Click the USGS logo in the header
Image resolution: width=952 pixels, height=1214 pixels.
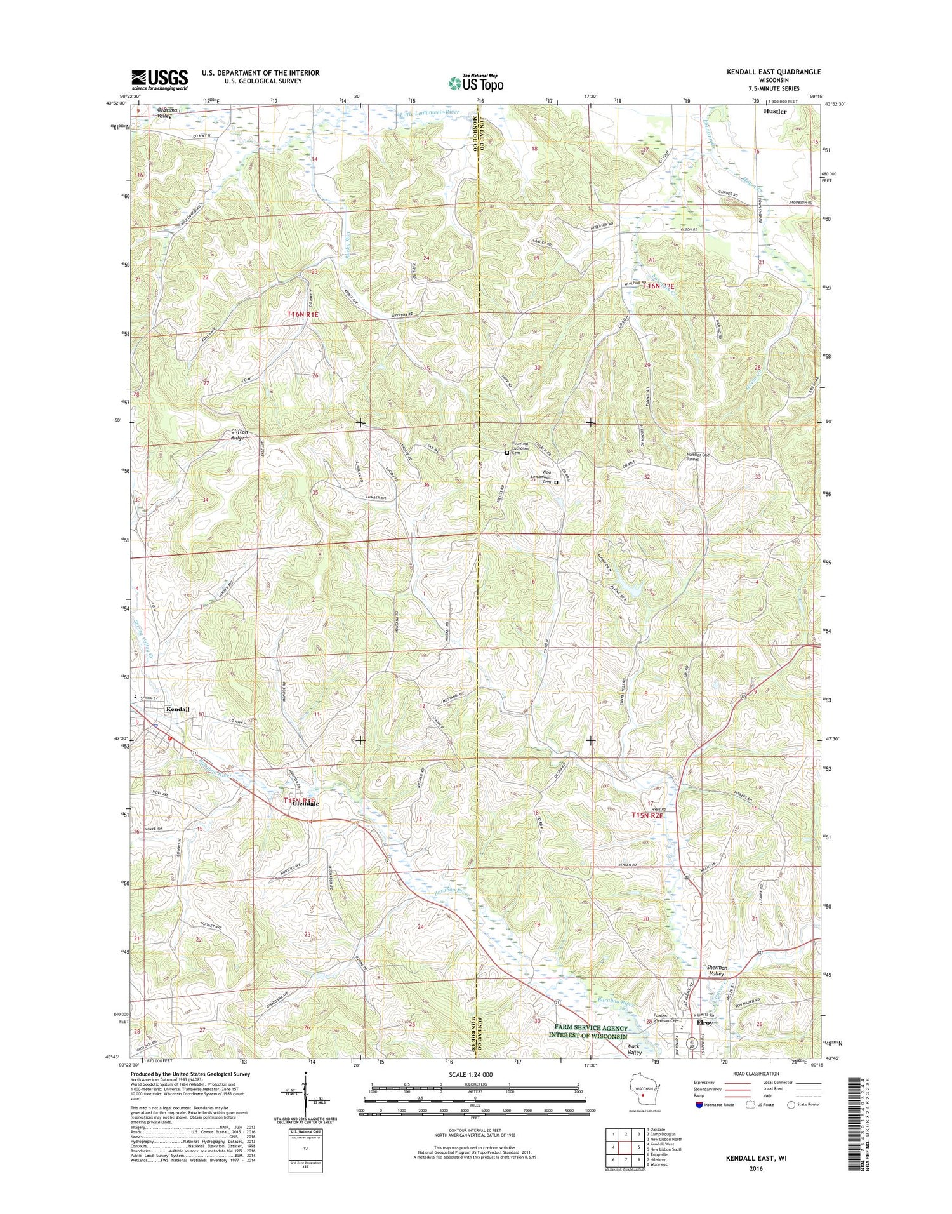point(160,79)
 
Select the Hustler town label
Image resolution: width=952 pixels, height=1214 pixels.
point(775,112)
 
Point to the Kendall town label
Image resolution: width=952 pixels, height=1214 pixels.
point(178,709)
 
